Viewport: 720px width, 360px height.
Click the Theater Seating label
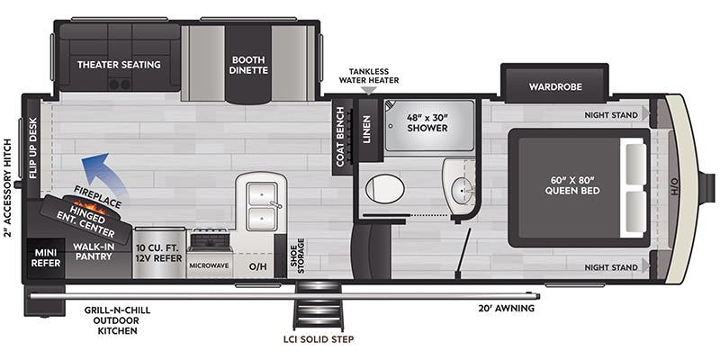click(x=119, y=65)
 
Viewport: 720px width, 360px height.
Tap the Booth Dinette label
click(x=248, y=65)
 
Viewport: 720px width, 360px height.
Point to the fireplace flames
click(x=89, y=208)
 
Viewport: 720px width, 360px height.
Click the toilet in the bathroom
click(x=385, y=188)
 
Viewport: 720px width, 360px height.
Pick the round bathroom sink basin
click(x=460, y=188)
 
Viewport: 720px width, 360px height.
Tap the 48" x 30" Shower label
click(x=427, y=122)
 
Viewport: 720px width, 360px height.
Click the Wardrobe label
click(x=554, y=86)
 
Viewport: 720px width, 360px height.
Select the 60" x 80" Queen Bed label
click(x=572, y=184)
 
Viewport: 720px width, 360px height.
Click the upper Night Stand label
click(x=611, y=115)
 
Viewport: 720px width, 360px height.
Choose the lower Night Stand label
click(x=611, y=267)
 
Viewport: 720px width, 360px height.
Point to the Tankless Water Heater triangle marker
click(x=369, y=91)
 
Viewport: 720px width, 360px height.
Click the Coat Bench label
click(x=340, y=137)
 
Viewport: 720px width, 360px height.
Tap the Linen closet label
click(x=366, y=130)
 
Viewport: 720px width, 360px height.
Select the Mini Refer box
click(x=46, y=258)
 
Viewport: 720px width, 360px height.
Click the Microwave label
click(x=210, y=265)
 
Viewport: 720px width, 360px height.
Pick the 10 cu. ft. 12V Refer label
click(x=159, y=253)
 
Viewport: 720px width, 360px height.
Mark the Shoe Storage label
click(x=297, y=256)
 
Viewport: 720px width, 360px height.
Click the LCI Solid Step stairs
click(x=319, y=305)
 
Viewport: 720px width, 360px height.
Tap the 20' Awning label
click(x=506, y=308)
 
